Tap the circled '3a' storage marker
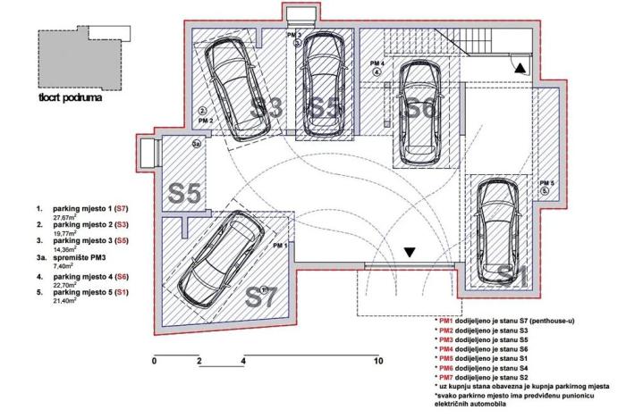[x=197, y=142]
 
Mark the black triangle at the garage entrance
[x=410, y=254]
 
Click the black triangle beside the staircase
[x=520, y=65]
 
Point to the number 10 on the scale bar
[x=378, y=362]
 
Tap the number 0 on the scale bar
[x=155, y=362]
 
